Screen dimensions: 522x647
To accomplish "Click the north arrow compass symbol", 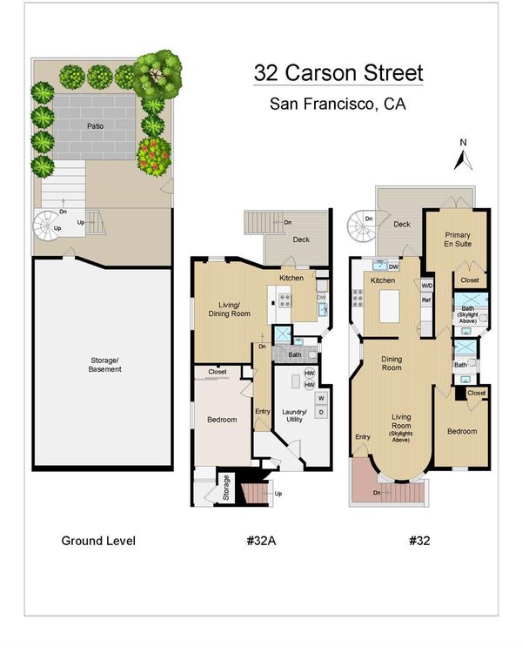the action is tap(463, 160).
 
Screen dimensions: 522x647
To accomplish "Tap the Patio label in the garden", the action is tap(95, 126).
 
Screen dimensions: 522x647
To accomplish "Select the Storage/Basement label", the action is tap(104, 365).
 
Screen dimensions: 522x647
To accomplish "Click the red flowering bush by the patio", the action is tap(154, 157).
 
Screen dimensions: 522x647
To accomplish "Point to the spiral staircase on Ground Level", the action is tap(48, 223).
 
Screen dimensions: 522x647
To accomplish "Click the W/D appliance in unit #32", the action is tap(427, 286).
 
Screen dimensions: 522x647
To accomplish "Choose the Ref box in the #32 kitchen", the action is tap(426, 300).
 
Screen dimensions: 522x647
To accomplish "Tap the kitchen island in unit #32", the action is tap(389, 307).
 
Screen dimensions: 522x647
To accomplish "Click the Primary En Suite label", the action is tap(458, 239).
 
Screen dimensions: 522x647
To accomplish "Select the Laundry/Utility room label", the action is tap(294, 415).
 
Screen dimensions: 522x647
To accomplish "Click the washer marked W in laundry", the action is tap(321, 398).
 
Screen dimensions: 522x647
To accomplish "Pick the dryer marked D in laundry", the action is tap(321, 412).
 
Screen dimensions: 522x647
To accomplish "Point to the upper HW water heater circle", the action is tap(309, 373).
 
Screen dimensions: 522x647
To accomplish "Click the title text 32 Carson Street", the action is tap(338, 73).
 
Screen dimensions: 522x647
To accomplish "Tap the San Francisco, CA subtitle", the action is tap(338, 104).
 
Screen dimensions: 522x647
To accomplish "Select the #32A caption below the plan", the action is tap(261, 541).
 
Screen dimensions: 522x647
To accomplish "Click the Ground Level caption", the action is tap(98, 541).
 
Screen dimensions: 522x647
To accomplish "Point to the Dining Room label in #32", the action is tap(391, 363).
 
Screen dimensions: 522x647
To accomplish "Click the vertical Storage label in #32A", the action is tap(226, 488).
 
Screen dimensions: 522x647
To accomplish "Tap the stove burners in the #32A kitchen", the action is tap(284, 300).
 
